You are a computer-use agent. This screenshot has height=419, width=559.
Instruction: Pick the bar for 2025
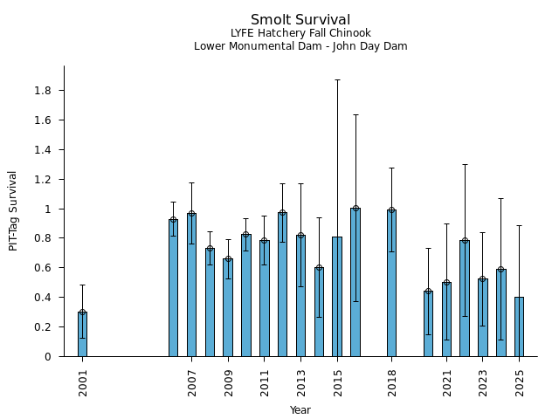tap(519, 326)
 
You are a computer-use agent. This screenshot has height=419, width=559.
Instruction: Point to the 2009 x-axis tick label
tap(228, 382)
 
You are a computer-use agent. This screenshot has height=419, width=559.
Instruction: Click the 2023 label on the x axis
tap(483, 382)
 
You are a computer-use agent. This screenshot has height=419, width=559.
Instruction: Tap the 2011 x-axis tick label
tap(265, 382)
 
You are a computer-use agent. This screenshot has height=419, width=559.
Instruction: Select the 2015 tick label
tap(337, 382)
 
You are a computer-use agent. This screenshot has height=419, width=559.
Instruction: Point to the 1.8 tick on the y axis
tap(45, 91)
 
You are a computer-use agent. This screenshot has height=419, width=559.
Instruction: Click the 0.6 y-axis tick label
tap(45, 268)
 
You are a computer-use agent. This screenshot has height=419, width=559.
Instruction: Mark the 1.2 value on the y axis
tap(45, 180)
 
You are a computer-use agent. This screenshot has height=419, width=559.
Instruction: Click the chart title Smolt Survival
tap(300, 20)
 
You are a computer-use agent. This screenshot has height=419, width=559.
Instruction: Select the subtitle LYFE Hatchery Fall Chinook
tap(300, 33)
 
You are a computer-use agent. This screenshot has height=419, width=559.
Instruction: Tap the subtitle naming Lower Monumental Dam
tap(300, 46)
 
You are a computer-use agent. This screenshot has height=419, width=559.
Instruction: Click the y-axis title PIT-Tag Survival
tap(13, 210)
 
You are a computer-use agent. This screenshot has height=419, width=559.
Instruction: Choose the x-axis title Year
tap(300, 410)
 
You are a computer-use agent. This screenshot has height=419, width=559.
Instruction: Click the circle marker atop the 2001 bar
tap(82, 312)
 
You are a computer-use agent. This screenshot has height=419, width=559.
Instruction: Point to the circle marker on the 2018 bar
tap(391, 210)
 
